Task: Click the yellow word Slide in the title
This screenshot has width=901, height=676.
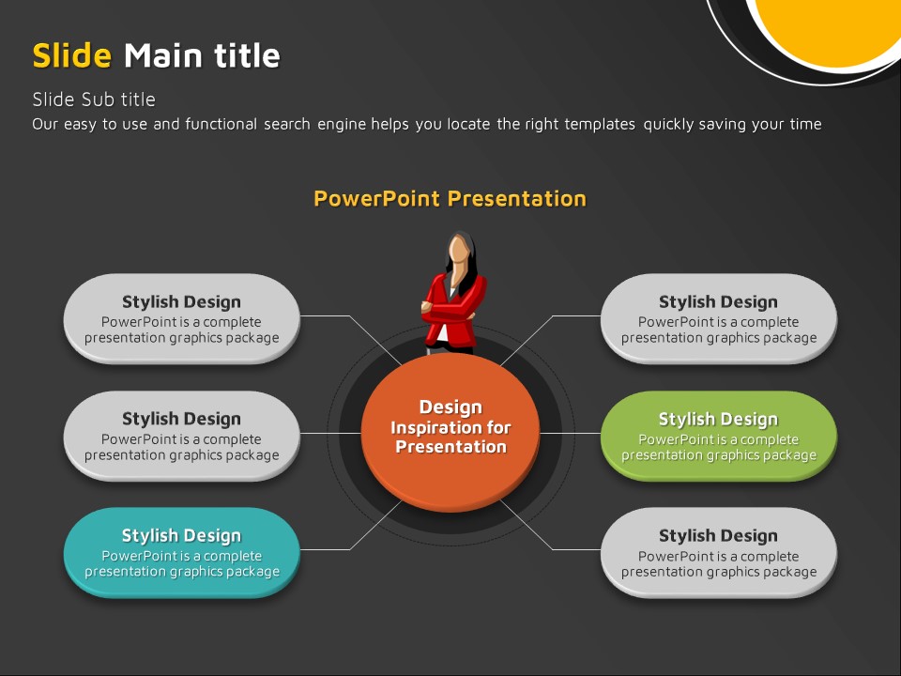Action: [x=72, y=55]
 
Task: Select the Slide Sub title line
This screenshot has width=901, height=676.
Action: [x=94, y=100]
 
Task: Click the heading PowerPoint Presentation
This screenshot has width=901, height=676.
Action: [x=450, y=199]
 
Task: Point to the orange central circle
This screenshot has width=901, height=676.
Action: [x=450, y=431]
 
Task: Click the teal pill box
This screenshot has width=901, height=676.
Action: [x=181, y=552]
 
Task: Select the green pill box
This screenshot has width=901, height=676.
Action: [x=718, y=436]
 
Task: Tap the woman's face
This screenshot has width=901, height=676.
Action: [x=459, y=252]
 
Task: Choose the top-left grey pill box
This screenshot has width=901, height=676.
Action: [x=181, y=318]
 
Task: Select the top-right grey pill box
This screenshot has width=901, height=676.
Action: [x=718, y=318]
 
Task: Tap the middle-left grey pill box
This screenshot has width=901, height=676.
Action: [x=181, y=436]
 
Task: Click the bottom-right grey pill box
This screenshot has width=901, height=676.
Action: [x=718, y=552]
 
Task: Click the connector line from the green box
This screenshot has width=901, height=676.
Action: [x=570, y=434]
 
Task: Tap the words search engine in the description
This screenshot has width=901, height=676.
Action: [x=336, y=124]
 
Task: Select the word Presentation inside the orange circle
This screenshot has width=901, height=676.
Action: [x=451, y=447]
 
